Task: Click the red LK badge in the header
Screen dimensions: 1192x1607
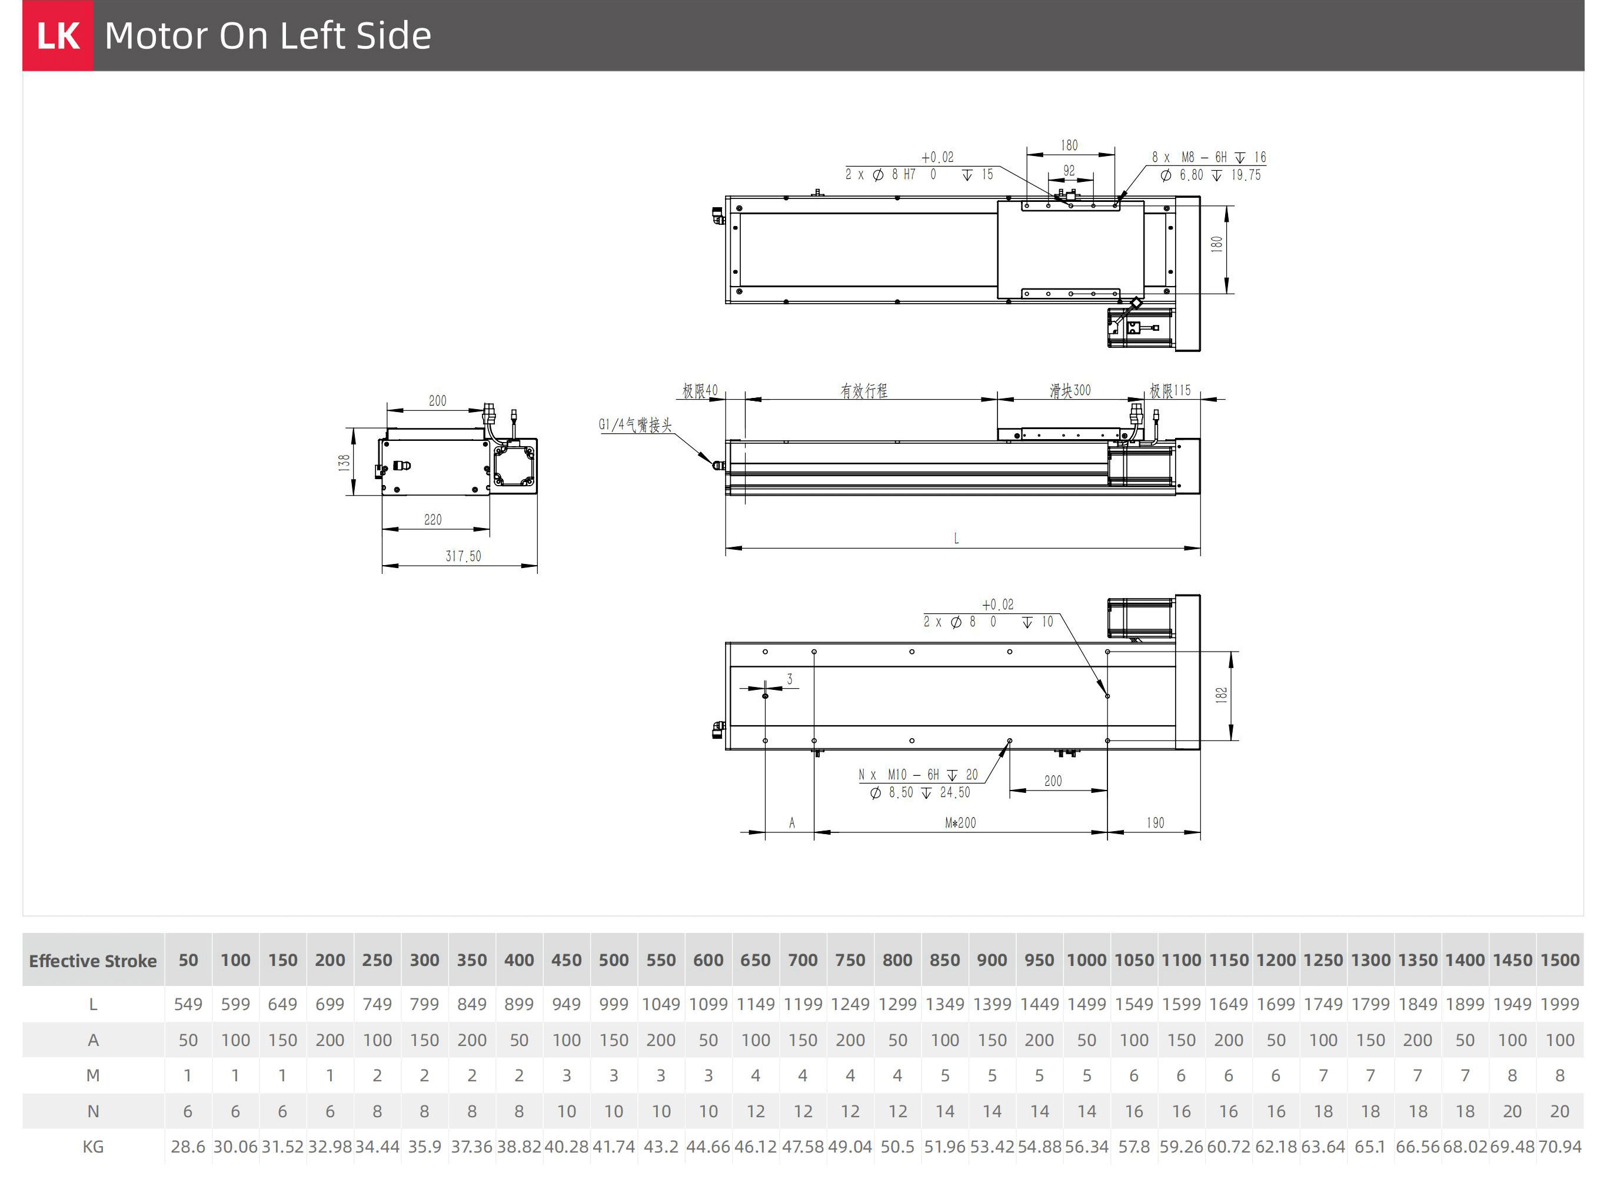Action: [58, 35]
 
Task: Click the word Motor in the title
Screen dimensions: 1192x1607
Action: [155, 35]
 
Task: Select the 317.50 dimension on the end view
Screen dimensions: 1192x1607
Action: [463, 556]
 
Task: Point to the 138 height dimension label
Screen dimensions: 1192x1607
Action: [345, 462]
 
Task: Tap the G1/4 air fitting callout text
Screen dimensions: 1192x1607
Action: [635, 425]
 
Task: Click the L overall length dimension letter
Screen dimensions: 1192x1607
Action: [956, 538]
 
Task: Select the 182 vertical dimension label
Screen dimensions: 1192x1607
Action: [1221, 695]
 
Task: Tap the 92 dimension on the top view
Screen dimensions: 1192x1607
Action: [1069, 170]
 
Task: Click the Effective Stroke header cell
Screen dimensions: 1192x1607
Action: [93, 961]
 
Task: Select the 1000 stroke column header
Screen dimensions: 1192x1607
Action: [1086, 961]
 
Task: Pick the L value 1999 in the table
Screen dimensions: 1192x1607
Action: [1559, 1004]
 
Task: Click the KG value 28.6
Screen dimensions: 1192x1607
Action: [188, 1147]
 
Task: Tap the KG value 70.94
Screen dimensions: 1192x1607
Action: [1559, 1147]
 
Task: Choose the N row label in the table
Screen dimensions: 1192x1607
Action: [93, 1111]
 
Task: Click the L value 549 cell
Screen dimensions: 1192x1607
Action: [188, 1004]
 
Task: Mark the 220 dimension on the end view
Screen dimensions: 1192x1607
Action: [432, 520]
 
